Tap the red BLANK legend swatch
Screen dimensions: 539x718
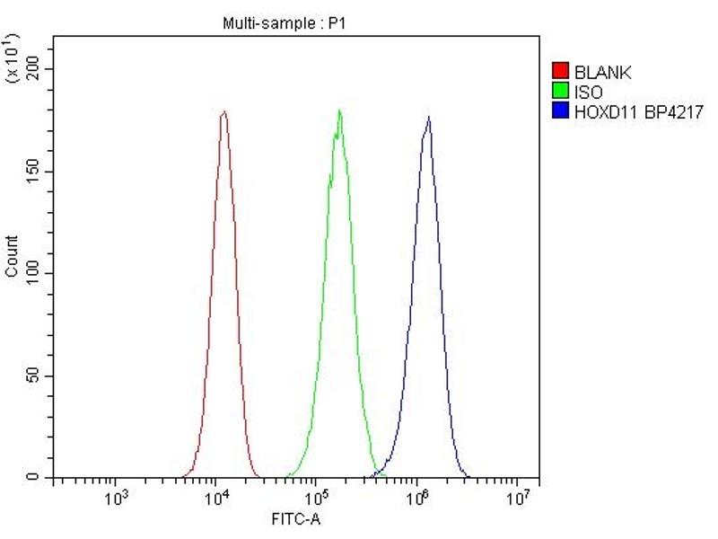561,72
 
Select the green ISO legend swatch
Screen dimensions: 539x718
561,91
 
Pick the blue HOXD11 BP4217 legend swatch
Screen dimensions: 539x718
561,110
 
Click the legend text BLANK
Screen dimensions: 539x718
603,72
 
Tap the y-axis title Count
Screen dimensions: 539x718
12,256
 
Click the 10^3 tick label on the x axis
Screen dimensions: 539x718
115,498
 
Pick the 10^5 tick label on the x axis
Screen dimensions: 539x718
316,498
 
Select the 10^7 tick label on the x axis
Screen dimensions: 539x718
518,498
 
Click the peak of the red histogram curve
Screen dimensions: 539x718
223,112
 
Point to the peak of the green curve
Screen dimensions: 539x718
339,110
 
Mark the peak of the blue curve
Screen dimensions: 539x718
428,117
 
